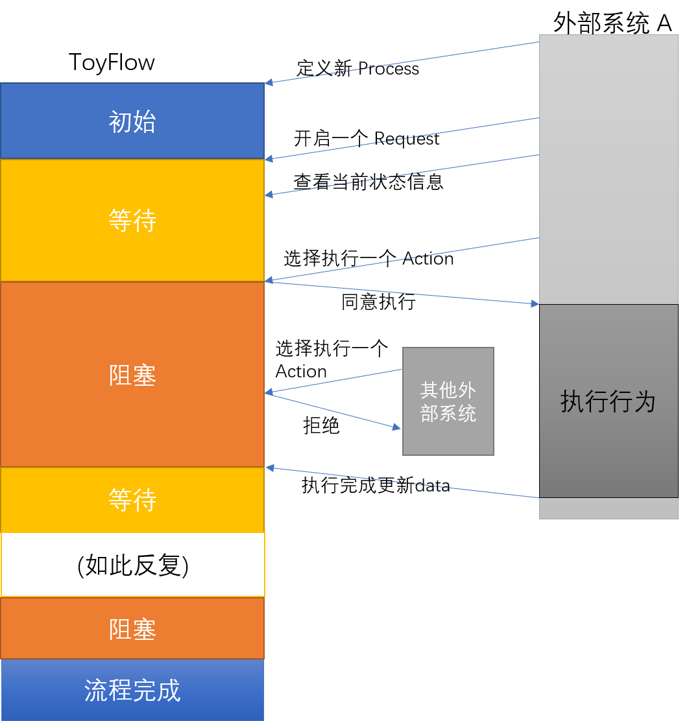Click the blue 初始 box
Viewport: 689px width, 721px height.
pos(132,121)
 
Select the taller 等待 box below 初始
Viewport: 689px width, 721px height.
pos(132,220)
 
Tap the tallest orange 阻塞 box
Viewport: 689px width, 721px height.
pos(132,375)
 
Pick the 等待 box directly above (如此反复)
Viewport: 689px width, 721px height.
pos(132,499)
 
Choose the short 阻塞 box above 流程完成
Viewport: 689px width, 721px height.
pos(132,628)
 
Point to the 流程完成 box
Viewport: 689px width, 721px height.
pos(132,690)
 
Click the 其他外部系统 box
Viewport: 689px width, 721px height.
pos(448,401)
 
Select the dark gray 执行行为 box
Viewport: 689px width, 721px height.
pos(609,401)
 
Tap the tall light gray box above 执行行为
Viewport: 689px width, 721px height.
pos(609,169)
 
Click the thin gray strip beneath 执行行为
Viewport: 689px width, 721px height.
pos(609,508)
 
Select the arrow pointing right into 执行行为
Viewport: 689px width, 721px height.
pos(402,292)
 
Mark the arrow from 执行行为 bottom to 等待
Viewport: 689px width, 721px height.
pos(402,482)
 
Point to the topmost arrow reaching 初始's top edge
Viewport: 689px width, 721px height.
pos(402,63)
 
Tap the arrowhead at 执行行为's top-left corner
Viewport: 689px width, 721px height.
pos(535,303)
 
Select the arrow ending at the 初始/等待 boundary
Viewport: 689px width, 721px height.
pos(402,138)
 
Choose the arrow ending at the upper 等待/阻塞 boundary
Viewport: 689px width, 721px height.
pos(402,259)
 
